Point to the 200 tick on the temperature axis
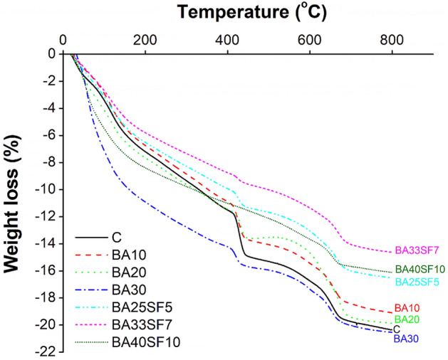(x=145, y=41)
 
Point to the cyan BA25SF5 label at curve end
(x=417, y=282)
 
